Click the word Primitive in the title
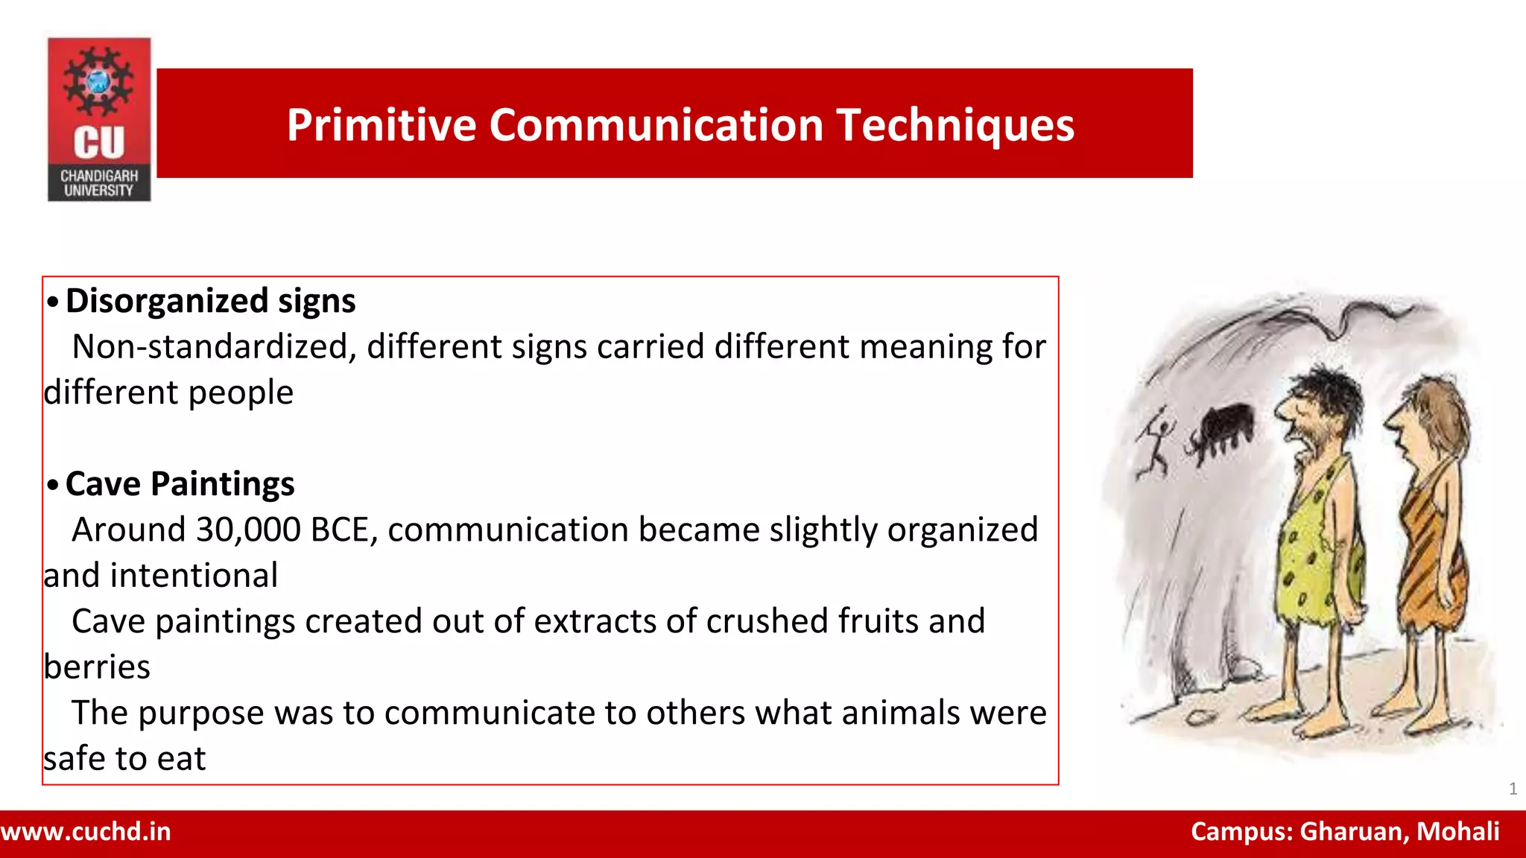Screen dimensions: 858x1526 pyautogui.click(x=381, y=124)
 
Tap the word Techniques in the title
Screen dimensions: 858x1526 pyautogui.click(x=955, y=124)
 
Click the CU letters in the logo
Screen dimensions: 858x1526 pyautogui.click(x=99, y=142)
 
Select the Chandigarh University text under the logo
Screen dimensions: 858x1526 pyautogui.click(x=99, y=183)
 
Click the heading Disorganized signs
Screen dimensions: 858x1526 pyautogui.click(x=210, y=301)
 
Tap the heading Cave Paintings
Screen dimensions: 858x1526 pyautogui.click(x=180, y=484)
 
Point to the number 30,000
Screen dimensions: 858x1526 pyautogui.click(x=248, y=530)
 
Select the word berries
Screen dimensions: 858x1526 pyautogui.click(x=97, y=667)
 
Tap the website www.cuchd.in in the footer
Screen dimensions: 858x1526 pyautogui.click(x=86, y=832)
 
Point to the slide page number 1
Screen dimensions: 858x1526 pyautogui.click(x=1513, y=789)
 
